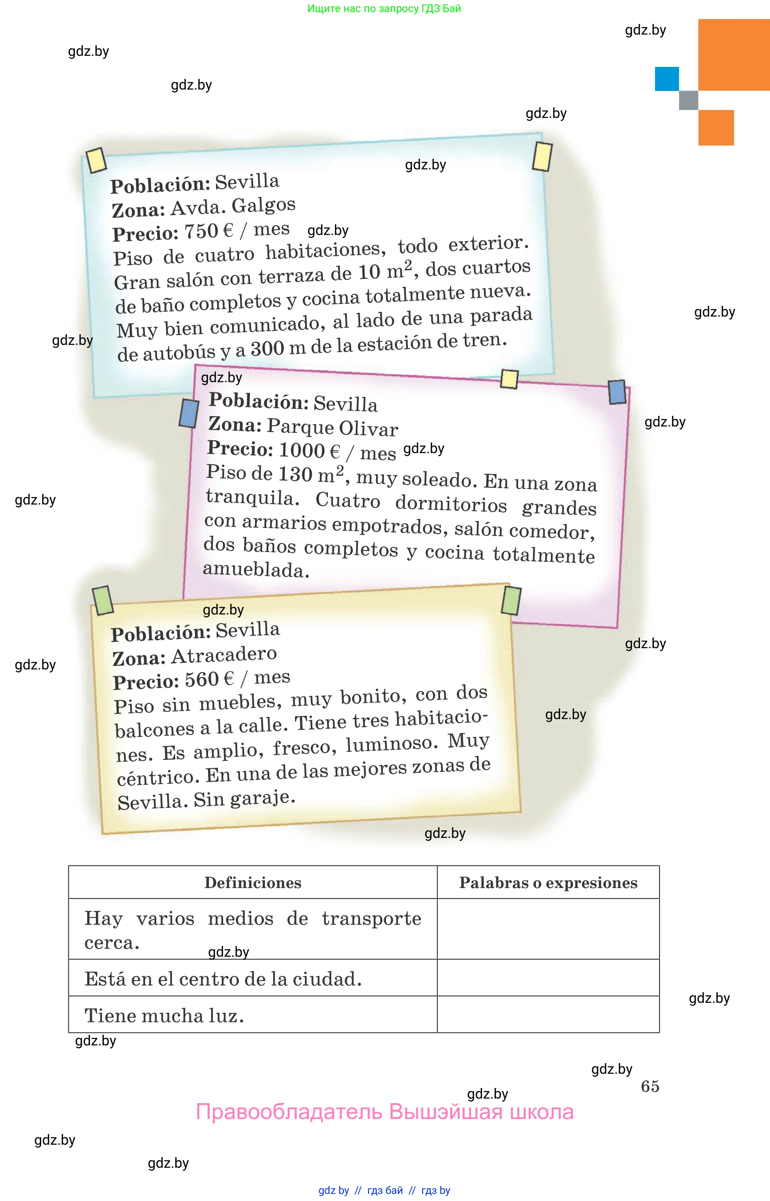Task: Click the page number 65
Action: tap(649, 1086)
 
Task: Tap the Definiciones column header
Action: tap(252, 883)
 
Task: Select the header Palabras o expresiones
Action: tap(548, 883)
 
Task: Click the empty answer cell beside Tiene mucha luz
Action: tap(548, 1015)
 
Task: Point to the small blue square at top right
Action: tap(667, 79)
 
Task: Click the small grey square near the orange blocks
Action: tap(688, 100)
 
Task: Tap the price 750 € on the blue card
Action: tap(208, 231)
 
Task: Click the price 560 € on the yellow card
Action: tap(209, 679)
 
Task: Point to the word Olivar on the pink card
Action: tap(369, 429)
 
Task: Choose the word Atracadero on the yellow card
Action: tap(224, 655)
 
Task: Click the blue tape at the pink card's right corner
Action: tap(617, 392)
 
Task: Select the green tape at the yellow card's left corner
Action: tap(103, 600)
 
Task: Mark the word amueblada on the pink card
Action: tap(255, 570)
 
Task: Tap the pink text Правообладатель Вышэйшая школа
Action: tap(385, 1112)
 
